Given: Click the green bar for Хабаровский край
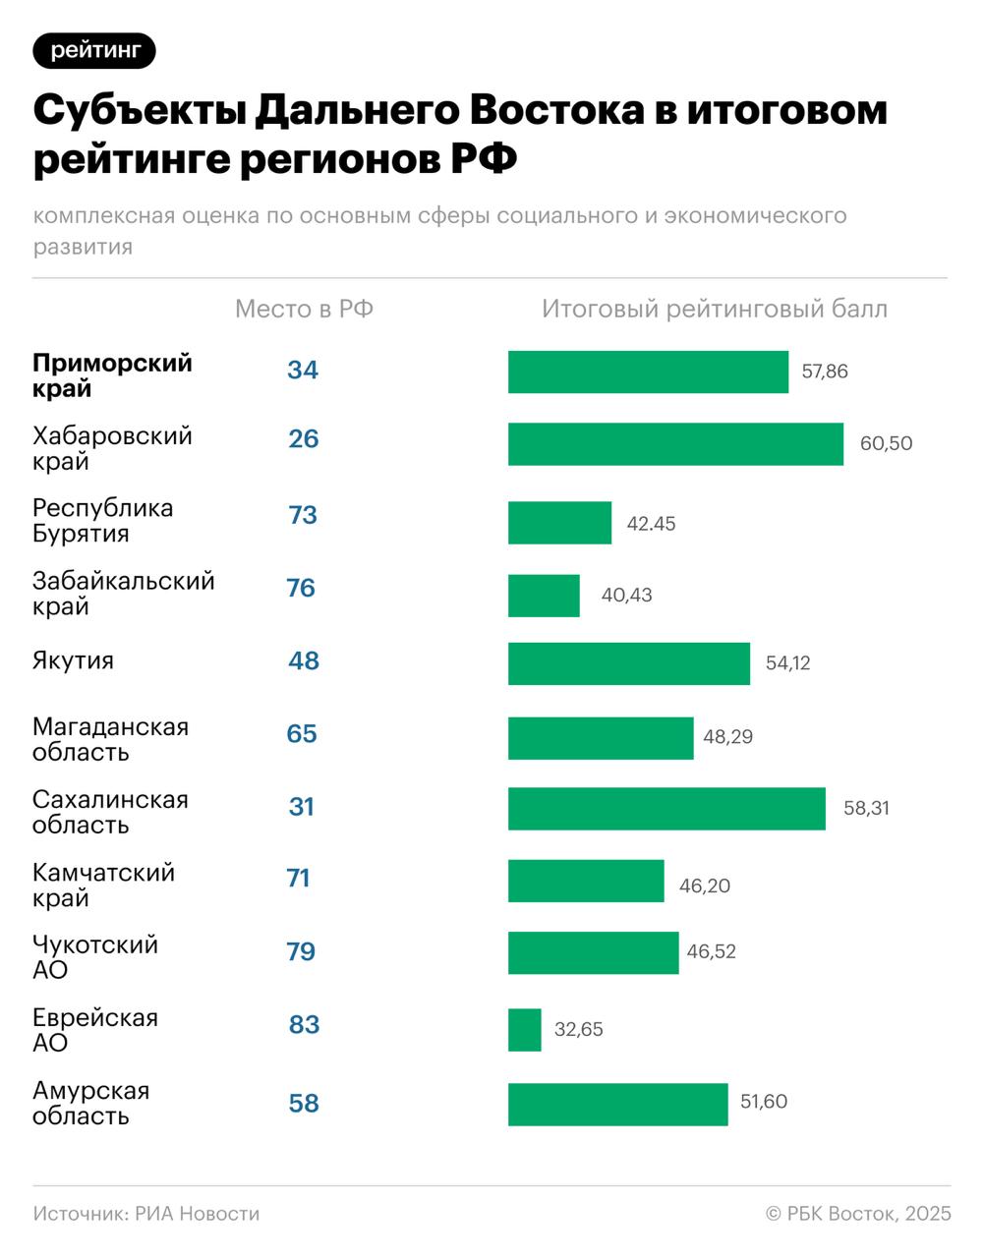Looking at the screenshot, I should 675,444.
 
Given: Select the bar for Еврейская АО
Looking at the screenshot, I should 524,1030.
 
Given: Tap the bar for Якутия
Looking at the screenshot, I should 628,663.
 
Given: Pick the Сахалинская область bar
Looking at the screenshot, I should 666,809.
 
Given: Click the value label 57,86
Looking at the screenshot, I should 825,372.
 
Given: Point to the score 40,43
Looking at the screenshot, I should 626,596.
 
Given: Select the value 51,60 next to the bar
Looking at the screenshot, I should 764,1102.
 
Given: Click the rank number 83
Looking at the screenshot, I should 304,1025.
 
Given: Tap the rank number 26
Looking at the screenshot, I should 304,438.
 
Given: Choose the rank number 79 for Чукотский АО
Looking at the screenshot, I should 301,952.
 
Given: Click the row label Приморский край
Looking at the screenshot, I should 112,375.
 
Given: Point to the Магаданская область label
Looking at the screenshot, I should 110,739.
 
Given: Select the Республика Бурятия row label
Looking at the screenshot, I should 102,521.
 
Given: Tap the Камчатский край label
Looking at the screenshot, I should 103,885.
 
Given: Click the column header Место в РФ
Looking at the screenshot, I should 304,310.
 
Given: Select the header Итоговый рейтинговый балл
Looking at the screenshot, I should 715,310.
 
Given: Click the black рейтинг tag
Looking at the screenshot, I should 94,50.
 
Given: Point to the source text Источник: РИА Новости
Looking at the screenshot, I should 146,1214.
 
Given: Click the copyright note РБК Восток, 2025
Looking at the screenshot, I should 858,1214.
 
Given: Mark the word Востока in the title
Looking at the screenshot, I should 555,110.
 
